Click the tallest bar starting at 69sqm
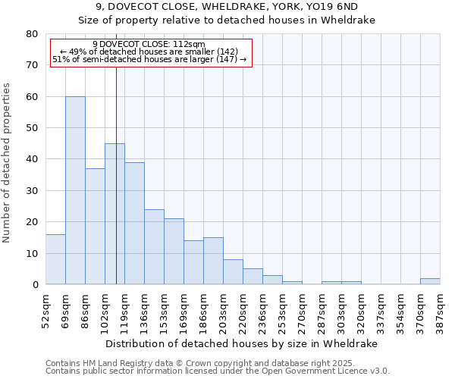click(75, 190)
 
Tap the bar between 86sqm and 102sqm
click(95, 227)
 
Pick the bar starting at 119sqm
click(134, 224)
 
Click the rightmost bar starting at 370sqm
click(430, 281)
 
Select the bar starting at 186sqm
click(213, 262)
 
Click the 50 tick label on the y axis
click(33, 128)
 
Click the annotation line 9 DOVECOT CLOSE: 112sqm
click(148, 44)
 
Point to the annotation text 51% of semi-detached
click(149, 59)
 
